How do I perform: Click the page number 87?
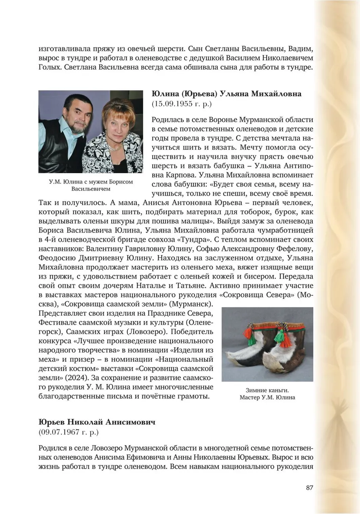pyautogui.click(x=309, y=488)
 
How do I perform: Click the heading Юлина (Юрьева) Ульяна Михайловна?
pyautogui.click(x=226, y=94)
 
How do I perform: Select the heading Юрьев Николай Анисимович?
pyautogui.click(x=97, y=422)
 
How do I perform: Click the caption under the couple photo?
pyautogui.click(x=91, y=185)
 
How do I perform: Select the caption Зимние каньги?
pyautogui.click(x=267, y=390)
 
